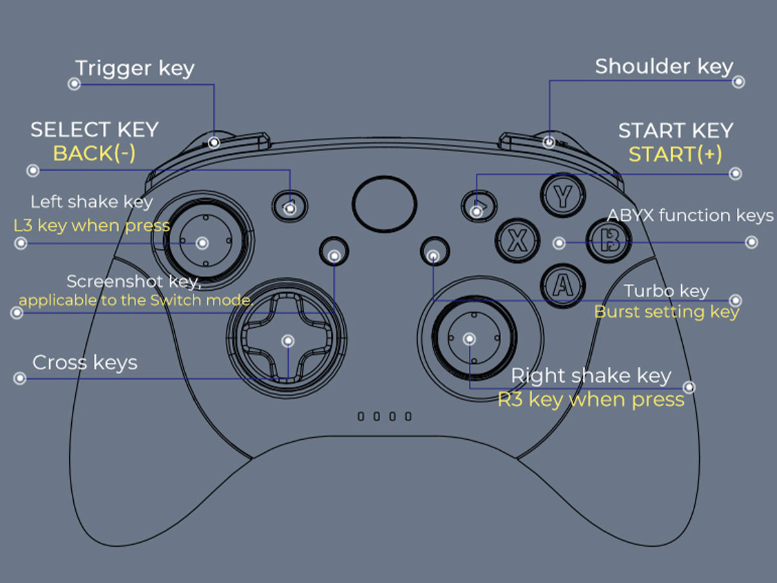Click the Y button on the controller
pos(563,196)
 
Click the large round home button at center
pos(384,203)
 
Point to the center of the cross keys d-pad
pos(287,341)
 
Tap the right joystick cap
pos(469,339)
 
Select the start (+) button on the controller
pos(478,207)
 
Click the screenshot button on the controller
pos(334,255)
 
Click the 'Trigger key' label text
pos(135,69)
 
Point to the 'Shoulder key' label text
pos(664,67)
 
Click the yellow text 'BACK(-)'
pos(94,154)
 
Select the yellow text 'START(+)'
pos(675,155)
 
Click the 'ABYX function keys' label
pos(690,215)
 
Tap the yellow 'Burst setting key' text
pos(666,312)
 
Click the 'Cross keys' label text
pos(85,362)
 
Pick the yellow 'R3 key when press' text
pos(591,400)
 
